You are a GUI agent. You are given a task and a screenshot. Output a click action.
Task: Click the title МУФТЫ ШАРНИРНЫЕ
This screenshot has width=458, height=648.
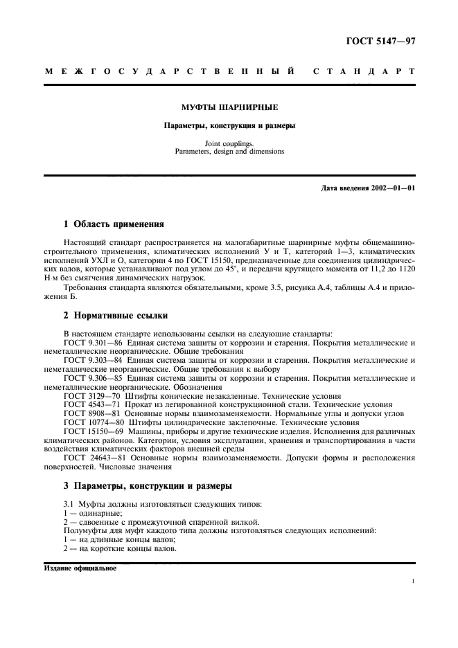click(229, 108)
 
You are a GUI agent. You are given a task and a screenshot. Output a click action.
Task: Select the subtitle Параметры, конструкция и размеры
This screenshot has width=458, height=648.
click(229, 126)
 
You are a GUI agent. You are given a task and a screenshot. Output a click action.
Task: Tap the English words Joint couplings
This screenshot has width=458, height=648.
click(229, 143)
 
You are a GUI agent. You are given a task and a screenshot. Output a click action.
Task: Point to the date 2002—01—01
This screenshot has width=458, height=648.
click(393, 188)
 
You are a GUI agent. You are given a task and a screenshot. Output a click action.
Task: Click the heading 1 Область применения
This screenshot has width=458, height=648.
click(114, 224)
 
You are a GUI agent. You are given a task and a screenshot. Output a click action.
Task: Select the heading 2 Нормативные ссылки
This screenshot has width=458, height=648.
click(115, 316)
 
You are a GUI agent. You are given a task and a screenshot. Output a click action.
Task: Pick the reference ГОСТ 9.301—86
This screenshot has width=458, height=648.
click(91, 343)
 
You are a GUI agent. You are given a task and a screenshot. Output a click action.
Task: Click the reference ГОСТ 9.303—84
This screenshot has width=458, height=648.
click(91, 361)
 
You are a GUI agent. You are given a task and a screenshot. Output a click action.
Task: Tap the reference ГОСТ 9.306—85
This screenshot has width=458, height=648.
click(91, 378)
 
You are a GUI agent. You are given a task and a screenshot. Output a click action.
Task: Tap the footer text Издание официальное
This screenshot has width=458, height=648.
click(80, 568)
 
